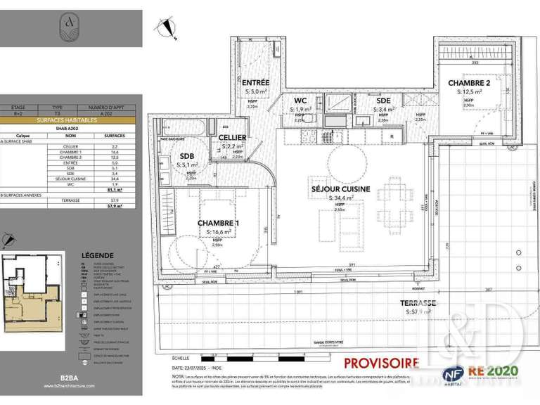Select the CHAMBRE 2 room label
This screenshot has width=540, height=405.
coord(470,83)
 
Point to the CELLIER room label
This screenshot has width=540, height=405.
coord(231,137)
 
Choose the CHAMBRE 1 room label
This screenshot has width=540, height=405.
coord(218,223)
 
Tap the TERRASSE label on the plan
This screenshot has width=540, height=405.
coord(419,303)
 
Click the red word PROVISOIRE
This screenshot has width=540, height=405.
coord(381,364)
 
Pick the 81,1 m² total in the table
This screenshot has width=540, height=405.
coord(110,188)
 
